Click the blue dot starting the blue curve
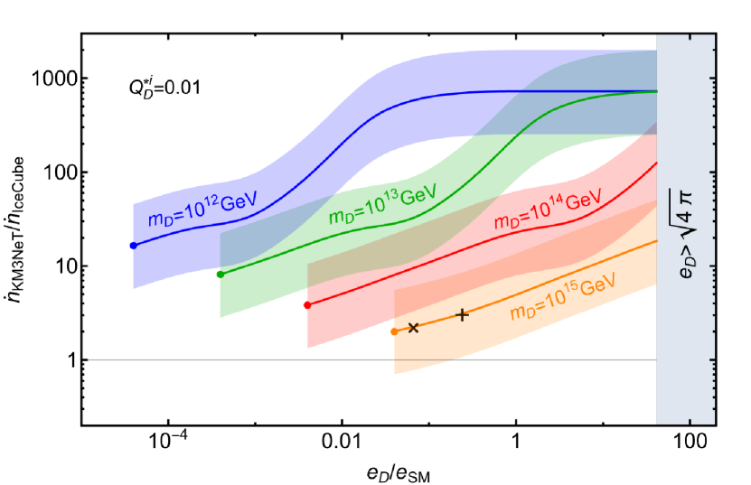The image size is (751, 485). (134, 246)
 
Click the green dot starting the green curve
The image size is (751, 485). (221, 275)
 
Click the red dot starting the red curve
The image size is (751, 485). (307, 305)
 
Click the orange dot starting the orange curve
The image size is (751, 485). (394, 331)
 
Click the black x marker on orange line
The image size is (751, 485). (413, 328)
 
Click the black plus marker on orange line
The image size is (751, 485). (463, 314)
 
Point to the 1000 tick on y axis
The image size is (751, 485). (54, 79)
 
